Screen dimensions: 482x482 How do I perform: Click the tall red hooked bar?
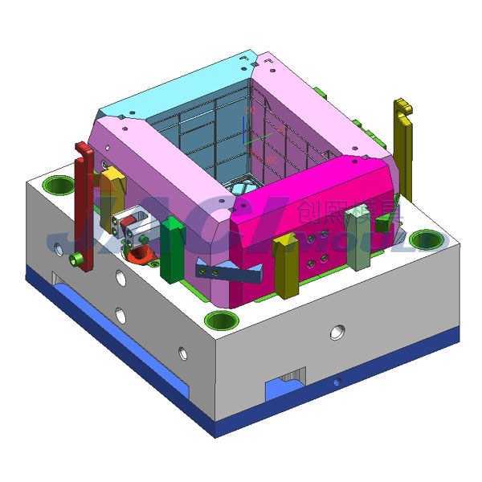[x=83, y=201]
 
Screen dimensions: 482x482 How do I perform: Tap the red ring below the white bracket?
[x=142, y=255]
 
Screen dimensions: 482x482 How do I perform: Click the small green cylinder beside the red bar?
[x=76, y=259]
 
